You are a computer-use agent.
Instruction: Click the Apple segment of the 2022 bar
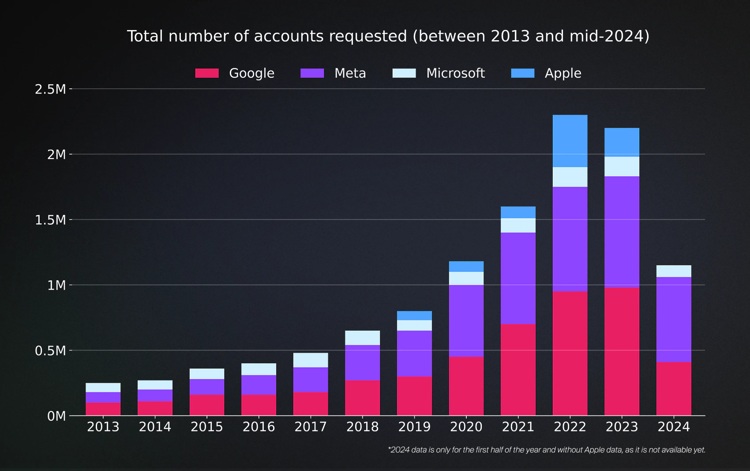[x=570, y=141]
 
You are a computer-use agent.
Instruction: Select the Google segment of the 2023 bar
[x=622, y=351]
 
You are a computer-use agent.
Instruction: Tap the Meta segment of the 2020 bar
[x=466, y=320]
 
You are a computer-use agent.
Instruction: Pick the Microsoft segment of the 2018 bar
[x=362, y=338]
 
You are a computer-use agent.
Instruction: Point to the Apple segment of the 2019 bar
[x=414, y=316]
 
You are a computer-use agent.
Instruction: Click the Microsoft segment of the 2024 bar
[x=673, y=271]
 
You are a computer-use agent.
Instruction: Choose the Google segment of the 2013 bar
[x=103, y=409]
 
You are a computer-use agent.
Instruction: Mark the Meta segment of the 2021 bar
[x=518, y=278]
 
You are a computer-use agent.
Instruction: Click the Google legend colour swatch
[x=207, y=73]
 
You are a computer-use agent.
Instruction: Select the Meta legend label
[x=350, y=73]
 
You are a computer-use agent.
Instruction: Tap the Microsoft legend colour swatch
[x=404, y=73]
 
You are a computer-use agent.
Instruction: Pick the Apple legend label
[x=562, y=73]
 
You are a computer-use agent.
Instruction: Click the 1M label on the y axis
[x=56, y=285]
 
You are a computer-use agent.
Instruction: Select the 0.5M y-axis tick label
[x=50, y=351]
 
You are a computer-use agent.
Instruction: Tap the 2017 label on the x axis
[x=311, y=427]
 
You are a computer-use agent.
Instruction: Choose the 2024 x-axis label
[x=673, y=427]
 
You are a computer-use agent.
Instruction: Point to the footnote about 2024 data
[x=547, y=450]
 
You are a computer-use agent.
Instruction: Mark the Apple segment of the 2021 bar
[x=518, y=212]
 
